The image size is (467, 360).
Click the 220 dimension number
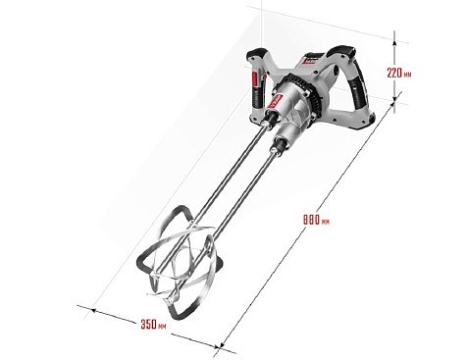(394, 73)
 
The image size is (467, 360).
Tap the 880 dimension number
(311, 220)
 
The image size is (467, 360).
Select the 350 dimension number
(148, 324)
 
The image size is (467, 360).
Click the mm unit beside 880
(326, 222)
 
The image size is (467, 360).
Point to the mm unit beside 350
(162, 327)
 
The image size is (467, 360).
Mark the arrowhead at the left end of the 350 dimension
(93, 310)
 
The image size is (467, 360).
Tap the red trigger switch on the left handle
(255, 79)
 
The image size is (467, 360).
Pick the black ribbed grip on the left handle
(256, 97)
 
